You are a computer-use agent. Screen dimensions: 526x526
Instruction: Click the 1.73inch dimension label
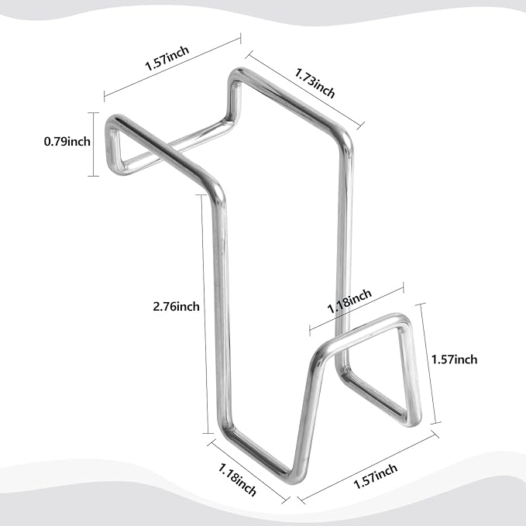(315, 83)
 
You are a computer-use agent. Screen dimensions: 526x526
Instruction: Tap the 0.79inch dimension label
(67, 142)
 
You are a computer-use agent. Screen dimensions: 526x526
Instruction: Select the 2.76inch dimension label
(176, 306)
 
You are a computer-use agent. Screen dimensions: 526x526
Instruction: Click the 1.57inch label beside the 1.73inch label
(167, 58)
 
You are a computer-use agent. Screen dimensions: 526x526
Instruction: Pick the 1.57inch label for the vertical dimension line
(454, 359)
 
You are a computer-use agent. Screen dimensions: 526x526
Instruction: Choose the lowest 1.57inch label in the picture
(376, 476)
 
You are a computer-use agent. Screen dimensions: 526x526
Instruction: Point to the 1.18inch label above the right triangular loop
(349, 301)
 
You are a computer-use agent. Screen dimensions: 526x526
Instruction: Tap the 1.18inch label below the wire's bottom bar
(237, 480)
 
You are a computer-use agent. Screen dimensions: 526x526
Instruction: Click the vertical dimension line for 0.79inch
(94, 144)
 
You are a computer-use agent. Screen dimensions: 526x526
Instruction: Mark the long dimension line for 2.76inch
(205, 314)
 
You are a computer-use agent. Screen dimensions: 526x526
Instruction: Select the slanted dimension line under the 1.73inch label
(304, 90)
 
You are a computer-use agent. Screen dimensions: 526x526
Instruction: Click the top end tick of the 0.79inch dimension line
(94, 113)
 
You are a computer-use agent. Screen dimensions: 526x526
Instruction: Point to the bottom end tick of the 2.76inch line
(208, 433)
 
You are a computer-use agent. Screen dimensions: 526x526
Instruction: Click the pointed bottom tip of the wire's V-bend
(294, 478)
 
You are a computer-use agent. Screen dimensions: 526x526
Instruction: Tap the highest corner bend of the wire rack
(237, 73)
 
